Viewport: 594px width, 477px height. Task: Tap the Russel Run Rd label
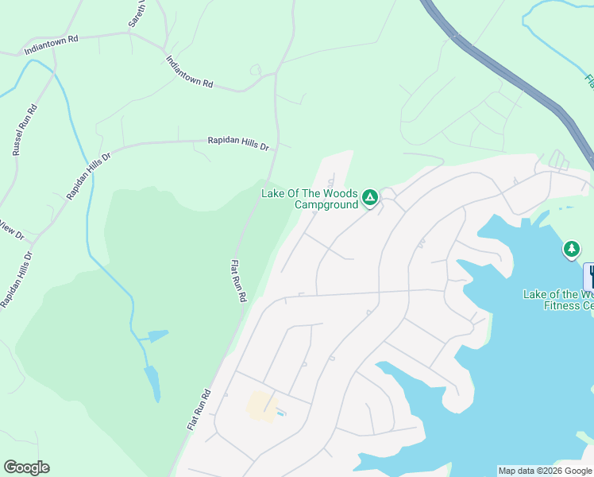click(24, 130)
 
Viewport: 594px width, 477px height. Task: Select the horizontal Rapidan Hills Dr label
click(238, 142)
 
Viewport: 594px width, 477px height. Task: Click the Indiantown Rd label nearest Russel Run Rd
click(52, 43)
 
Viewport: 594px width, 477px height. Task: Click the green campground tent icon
click(369, 197)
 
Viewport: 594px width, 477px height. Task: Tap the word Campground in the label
click(328, 204)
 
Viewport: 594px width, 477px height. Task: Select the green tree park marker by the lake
click(571, 250)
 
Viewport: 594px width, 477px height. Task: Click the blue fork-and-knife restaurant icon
click(589, 276)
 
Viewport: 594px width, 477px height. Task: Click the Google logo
click(26, 467)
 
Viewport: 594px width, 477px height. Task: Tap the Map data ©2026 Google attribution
click(546, 471)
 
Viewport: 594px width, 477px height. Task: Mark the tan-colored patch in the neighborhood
click(260, 405)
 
